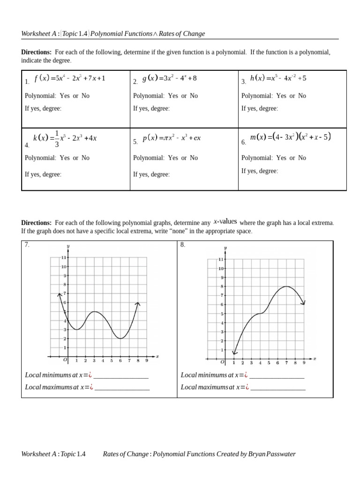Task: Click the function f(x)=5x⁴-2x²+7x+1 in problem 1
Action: point(70,78)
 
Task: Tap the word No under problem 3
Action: point(302,96)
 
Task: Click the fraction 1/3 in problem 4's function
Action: point(57,139)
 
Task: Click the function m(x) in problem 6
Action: point(291,137)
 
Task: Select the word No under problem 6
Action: point(302,158)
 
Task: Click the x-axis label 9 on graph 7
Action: point(147,361)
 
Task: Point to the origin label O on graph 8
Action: point(223,362)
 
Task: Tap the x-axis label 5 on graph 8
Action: point(269,363)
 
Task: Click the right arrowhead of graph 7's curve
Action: point(138,304)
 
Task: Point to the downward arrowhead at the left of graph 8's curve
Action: point(234,352)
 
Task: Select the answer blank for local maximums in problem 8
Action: point(277,388)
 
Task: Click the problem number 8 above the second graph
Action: point(183,245)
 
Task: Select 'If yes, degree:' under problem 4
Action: point(43,174)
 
